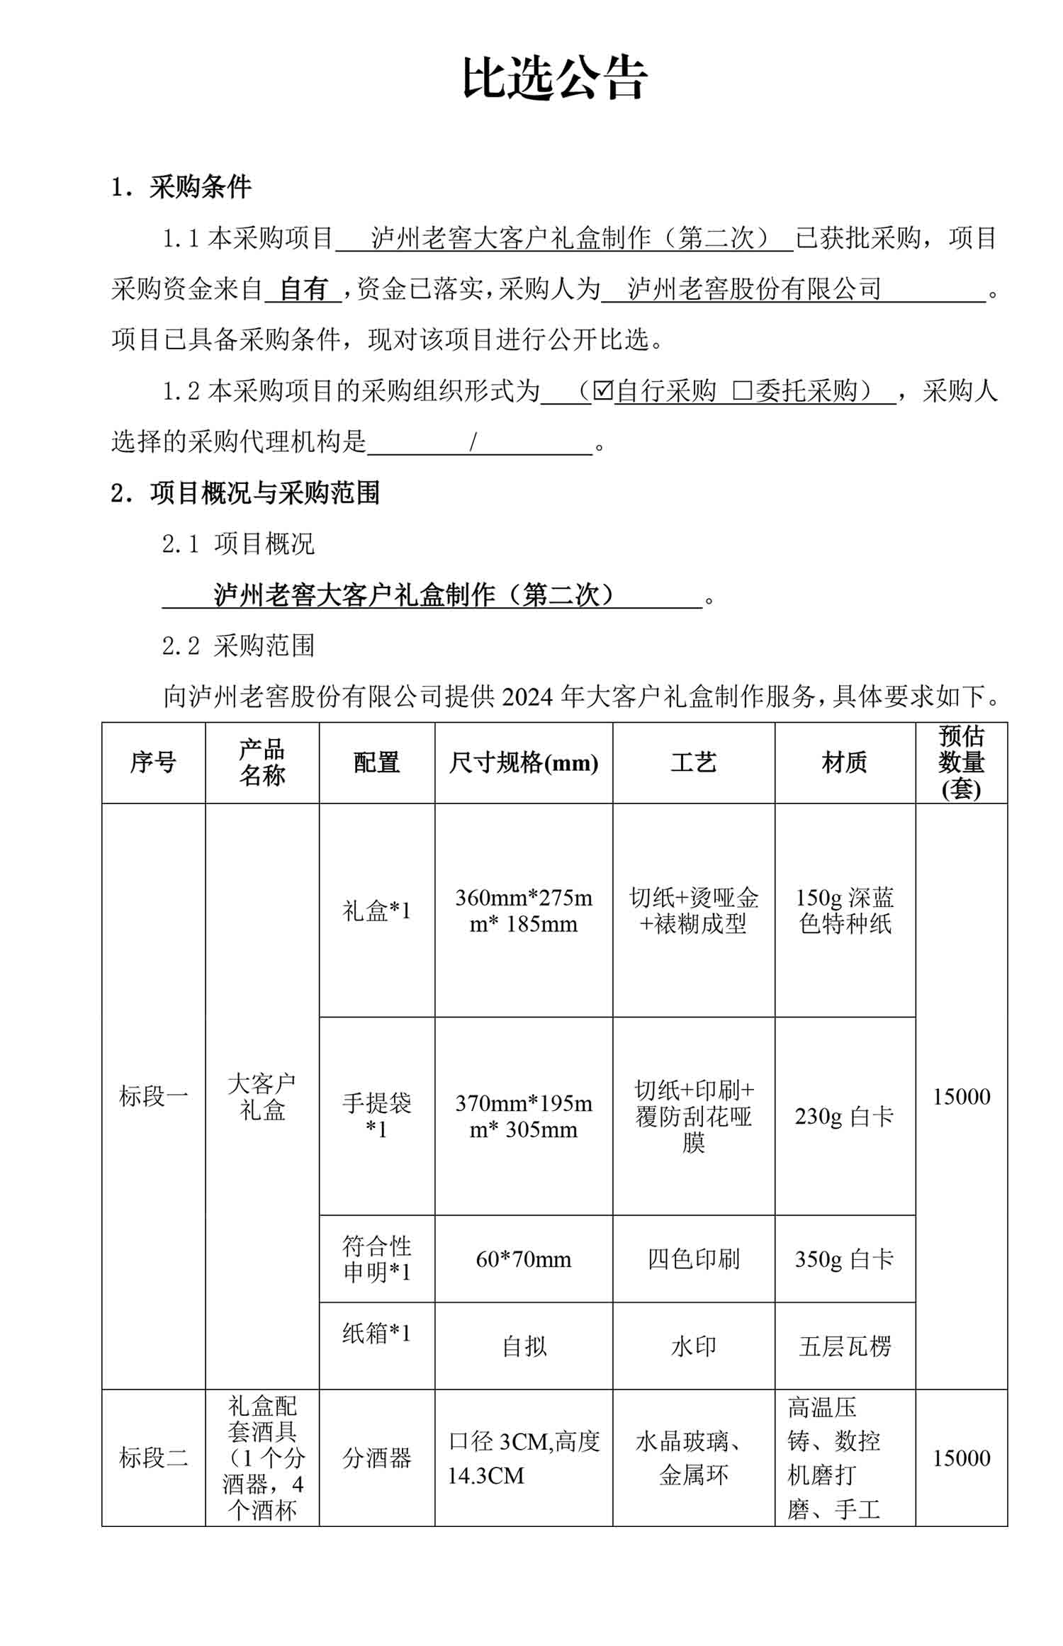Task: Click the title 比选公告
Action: (x=554, y=78)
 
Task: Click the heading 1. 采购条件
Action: (x=181, y=188)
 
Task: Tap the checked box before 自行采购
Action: (x=602, y=390)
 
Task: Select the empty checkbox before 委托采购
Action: (x=741, y=390)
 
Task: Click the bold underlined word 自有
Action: (x=303, y=289)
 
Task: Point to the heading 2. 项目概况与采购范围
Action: (x=245, y=493)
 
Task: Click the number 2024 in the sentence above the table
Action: (x=527, y=697)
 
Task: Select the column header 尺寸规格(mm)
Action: (x=523, y=763)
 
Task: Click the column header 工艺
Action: (x=693, y=763)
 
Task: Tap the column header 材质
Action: (x=844, y=763)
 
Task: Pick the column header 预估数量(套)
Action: (x=961, y=763)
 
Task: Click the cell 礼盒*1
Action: (x=376, y=911)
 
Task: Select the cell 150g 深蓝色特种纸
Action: (x=844, y=911)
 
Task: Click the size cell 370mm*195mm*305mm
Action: (x=523, y=1116)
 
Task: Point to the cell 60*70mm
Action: (x=523, y=1259)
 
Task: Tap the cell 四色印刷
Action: (x=693, y=1259)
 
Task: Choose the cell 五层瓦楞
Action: (x=844, y=1346)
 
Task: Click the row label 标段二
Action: (x=153, y=1458)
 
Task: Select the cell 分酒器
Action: (x=376, y=1458)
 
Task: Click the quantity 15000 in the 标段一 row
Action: (x=961, y=1097)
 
